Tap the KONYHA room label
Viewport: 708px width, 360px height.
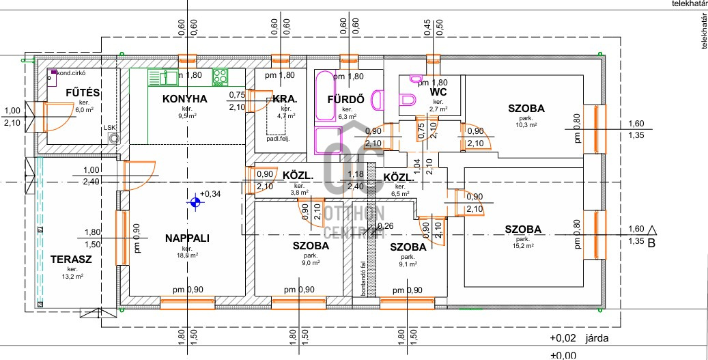tap(184, 99)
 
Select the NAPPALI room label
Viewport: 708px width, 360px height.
tap(187, 238)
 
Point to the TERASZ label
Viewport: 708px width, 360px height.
tap(71, 260)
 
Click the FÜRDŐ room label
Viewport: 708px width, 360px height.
tap(345, 100)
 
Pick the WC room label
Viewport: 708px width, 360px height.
tap(438, 92)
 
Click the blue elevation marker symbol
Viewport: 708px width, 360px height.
tap(196, 202)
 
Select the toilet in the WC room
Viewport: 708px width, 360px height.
tap(408, 101)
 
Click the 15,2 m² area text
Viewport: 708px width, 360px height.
tap(524, 247)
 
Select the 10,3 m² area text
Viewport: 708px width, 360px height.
tap(526, 125)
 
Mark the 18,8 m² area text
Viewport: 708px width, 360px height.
tap(187, 255)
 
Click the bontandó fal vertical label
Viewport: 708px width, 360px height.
tap(364, 276)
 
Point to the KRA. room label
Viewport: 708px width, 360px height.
tap(285, 99)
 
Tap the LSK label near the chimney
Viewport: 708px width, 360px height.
tap(109, 128)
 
